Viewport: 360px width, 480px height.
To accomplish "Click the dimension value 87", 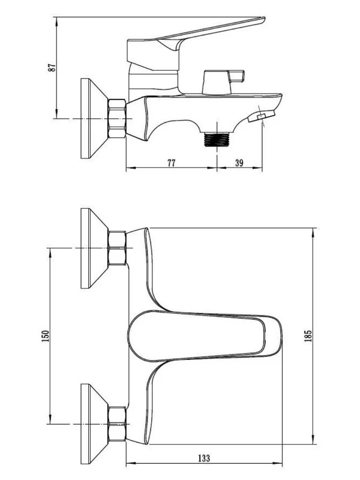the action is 52,67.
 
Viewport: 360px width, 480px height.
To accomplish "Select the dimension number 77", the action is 172,163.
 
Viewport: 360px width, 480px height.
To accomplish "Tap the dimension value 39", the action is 239,163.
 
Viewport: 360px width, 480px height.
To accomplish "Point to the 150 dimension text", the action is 46,336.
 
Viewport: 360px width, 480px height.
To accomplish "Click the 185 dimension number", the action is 308,336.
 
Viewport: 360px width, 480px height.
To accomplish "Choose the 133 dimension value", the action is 204,458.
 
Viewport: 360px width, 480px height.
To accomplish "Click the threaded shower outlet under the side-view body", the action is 217,139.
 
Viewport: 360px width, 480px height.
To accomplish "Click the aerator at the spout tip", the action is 261,116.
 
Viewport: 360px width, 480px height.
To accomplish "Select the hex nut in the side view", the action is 116,118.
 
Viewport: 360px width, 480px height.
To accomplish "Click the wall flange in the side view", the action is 94,118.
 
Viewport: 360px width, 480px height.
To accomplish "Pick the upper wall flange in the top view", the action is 94,248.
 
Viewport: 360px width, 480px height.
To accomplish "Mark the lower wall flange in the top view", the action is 94,424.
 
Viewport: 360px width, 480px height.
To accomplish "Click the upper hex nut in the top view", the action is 117,248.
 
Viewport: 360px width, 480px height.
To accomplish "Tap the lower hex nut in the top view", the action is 117,424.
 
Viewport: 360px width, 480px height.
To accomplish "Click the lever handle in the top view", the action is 203,336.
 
